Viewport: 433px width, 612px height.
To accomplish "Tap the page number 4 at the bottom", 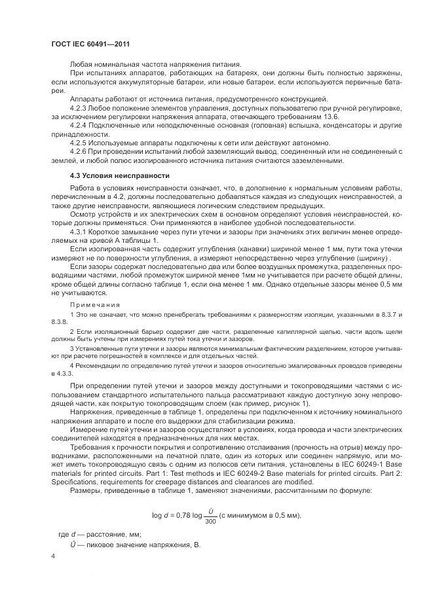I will click(x=52, y=556).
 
